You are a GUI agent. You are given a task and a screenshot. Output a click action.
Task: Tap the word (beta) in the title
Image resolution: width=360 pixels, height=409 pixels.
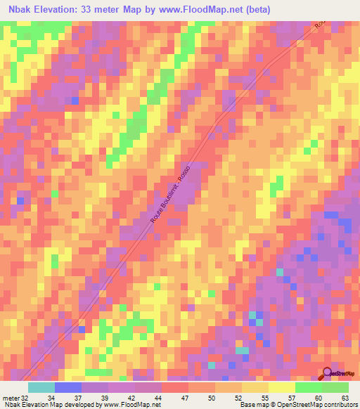pos(255,9)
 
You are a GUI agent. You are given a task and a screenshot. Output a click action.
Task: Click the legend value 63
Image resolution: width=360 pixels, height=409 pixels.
pos(345,397)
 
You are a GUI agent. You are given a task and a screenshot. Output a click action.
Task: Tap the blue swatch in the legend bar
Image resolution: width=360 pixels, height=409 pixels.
pos(68,387)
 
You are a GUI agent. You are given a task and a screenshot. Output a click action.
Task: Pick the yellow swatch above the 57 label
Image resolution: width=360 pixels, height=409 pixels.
pos(281,387)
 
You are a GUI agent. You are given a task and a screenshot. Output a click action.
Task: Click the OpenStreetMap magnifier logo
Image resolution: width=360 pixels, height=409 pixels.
pos(327,373)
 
